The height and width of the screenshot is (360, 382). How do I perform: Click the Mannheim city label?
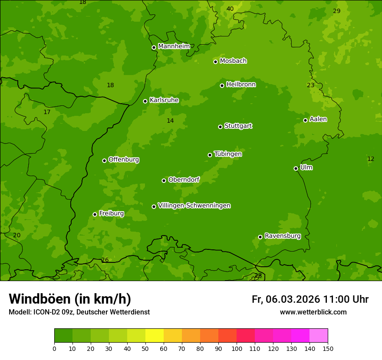(174, 46)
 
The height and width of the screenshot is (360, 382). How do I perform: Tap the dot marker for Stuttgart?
(220, 127)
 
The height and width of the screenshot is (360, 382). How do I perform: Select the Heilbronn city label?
(241, 85)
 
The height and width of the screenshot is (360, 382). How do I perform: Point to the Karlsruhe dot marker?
(145, 101)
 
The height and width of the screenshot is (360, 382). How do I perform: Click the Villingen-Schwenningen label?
(194, 206)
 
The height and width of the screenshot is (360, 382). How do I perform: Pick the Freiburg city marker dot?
(95, 214)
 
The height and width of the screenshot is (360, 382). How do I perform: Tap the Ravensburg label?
(282, 236)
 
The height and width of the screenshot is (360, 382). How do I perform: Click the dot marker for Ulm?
(296, 168)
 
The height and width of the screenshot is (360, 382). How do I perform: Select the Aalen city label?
(318, 119)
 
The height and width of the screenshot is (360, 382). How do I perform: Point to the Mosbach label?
(233, 61)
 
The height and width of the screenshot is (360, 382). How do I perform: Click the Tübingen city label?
(228, 154)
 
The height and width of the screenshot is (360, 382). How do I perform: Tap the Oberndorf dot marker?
(164, 180)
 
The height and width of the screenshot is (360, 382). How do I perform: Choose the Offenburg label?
(124, 160)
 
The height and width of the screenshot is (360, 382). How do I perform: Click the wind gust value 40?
(230, 9)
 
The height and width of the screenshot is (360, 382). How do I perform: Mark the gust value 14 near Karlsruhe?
(170, 121)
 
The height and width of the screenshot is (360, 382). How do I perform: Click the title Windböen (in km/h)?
(70, 299)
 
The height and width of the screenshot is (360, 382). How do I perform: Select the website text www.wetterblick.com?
(313, 312)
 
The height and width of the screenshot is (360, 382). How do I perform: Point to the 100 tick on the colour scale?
(237, 348)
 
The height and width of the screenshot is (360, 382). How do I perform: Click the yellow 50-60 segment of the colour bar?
(155, 336)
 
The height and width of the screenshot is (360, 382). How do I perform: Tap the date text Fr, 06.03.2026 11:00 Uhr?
(310, 299)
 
